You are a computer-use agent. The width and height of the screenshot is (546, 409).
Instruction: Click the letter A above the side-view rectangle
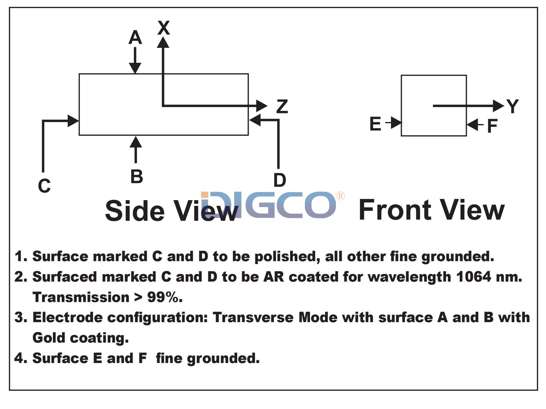135,38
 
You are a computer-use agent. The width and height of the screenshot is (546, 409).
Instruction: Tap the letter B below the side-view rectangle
136,176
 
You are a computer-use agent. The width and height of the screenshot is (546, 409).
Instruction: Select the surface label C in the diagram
44,186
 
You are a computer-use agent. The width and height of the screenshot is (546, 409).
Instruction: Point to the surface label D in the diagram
279,180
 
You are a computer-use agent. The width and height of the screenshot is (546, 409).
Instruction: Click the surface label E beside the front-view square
375,124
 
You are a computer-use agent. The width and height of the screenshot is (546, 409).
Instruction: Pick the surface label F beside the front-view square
492,126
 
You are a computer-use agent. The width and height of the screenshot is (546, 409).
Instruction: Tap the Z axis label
282,107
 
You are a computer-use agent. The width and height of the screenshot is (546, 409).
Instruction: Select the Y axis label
512,106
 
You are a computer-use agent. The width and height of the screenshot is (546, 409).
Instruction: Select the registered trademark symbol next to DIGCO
340,196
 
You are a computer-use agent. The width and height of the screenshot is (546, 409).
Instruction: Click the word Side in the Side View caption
135,211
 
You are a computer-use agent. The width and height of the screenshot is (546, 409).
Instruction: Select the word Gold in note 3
49,338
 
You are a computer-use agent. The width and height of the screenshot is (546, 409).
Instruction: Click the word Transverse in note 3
253,317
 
